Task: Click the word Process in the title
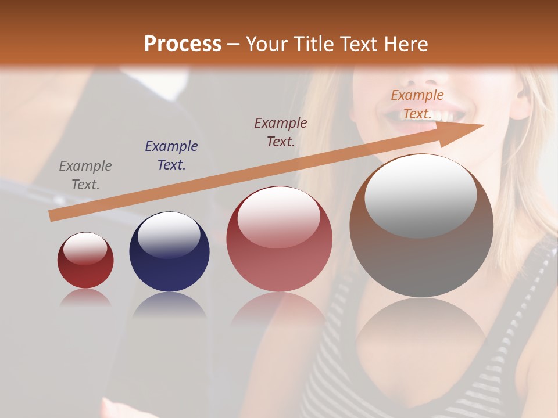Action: (x=183, y=44)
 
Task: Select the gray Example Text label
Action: (x=85, y=175)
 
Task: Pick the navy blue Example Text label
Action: (x=171, y=156)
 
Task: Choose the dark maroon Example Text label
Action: (x=281, y=132)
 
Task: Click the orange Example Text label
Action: (x=417, y=105)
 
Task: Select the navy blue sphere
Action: (x=169, y=261)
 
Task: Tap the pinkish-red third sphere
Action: (x=279, y=255)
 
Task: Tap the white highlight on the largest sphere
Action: (x=420, y=194)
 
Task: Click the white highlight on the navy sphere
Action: (x=169, y=233)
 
